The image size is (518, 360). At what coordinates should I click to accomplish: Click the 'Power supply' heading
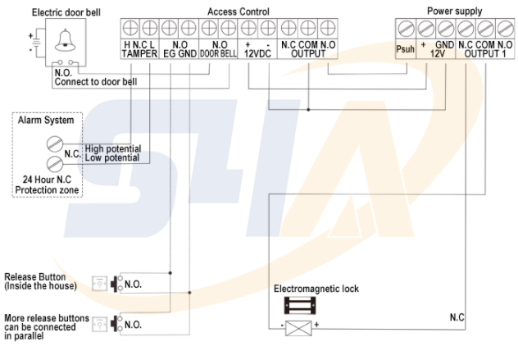[455, 11]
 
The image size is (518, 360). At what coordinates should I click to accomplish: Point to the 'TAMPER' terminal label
[139, 54]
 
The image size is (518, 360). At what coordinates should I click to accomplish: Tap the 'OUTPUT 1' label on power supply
[480, 53]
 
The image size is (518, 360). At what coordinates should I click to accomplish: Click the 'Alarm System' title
[46, 121]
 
